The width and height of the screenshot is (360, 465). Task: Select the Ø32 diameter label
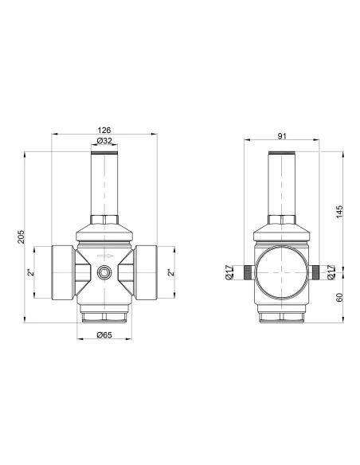coord(105,141)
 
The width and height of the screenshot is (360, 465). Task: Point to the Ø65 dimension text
coord(104,334)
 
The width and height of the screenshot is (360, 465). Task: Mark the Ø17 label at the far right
coord(331,272)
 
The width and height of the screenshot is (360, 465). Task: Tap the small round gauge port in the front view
coord(105,272)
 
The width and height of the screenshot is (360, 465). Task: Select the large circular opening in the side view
coord(283,272)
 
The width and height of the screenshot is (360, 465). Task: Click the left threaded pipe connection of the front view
coord(62,272)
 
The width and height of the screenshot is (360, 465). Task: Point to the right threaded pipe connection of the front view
coord(148,272)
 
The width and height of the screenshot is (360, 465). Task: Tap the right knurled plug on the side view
coord(318,272)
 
